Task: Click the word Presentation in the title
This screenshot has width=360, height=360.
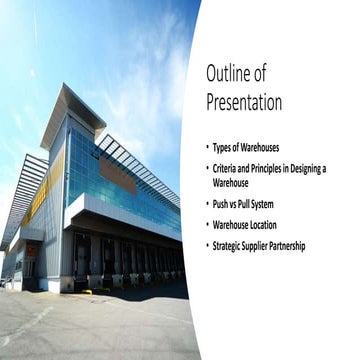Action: pyautogui.click(x=244, y=102)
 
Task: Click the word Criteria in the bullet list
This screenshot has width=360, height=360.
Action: pyautogui.click(x=227, y=168)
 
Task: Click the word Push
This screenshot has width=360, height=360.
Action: pyautogui.click(x=222, y=204)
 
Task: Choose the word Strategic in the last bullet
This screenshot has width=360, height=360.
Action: pyautogui.click(x=230, y=246)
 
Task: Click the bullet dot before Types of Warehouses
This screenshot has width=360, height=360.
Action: pyautogui.click(x=207, y=147)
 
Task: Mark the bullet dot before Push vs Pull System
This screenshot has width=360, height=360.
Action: pyautogui.click(x=207, y=204)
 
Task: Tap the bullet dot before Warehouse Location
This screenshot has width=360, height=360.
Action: pyautogui.click(x=207, y=225)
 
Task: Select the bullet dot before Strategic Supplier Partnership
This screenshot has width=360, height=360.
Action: pyautogui.click(x=207, y=246)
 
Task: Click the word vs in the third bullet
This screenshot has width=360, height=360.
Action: pyautogui.click(x=237, y=204)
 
